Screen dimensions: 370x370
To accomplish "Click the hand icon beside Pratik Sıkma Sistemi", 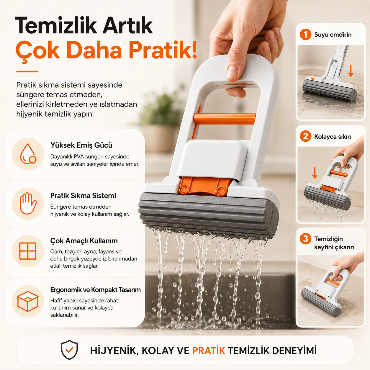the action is coord(28,204).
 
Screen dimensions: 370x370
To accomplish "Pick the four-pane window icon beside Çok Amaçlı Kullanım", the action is coord(28,251).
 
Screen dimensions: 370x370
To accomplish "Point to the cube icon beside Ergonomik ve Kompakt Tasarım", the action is coord(28,301).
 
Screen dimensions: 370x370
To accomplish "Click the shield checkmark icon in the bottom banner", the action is coord(69,350).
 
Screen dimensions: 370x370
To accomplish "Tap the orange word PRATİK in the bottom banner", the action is coord(209,351).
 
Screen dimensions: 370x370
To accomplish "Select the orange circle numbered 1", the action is coord(305,35).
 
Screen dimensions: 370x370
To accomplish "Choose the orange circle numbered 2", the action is coord(305,136).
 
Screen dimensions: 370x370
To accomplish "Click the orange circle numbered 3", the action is coord(305,239).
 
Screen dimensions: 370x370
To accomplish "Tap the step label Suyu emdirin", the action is coord(333,35).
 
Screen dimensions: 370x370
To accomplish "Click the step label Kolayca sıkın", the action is coord(332,137).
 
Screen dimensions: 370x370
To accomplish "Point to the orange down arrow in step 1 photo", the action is coord(351,71).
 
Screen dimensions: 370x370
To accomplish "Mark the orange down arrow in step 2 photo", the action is coord(315,173).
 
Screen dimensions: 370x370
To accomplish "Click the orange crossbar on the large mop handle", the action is coord(225,119).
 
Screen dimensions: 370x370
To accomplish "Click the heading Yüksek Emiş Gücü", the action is coord(81,145).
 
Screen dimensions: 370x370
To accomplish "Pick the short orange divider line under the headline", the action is coord(27,71).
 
